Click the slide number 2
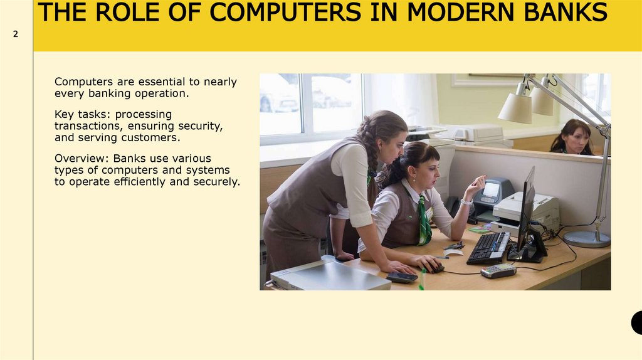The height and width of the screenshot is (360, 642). click(16, 35)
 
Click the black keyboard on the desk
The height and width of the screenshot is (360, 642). click(488, 246)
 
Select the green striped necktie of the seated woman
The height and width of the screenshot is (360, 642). click(424, 221)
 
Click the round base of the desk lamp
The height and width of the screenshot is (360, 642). click(586, 239)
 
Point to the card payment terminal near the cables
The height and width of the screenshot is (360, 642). click(498, 270)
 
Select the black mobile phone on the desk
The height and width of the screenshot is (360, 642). click(402, 277)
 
